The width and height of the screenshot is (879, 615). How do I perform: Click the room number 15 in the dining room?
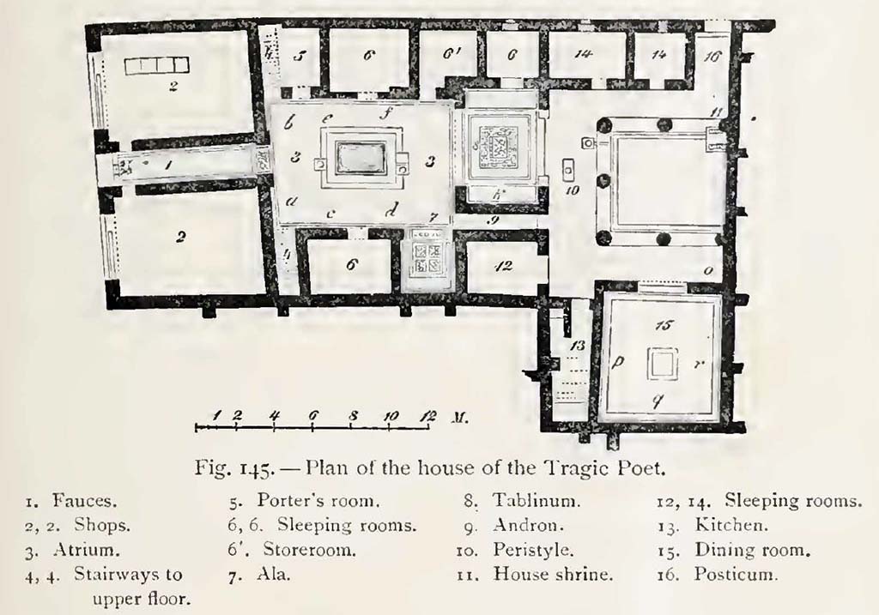pyautogui.click(x=659, y=325)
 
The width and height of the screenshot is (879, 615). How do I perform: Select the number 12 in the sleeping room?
pyautogui.click(x=505, y=267)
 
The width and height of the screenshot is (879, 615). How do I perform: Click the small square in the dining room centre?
pyautogui.click(x=659, y=365)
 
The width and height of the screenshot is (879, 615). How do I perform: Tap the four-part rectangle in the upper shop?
pyautogui.click(x=155, y=65)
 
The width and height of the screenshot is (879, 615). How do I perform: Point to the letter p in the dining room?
pyautogui.click(x=616, y=364)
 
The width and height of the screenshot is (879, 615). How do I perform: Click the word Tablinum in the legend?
pyautogui.click(x=528, y=500)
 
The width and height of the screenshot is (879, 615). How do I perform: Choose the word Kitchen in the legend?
pyautogui.click(x=732, y=524)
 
